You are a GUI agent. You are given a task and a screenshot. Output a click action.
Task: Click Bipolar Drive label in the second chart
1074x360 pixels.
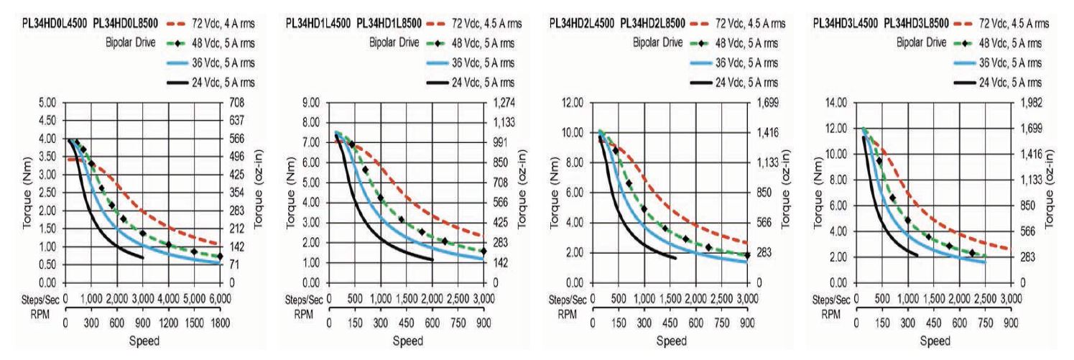coord(394,41)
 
